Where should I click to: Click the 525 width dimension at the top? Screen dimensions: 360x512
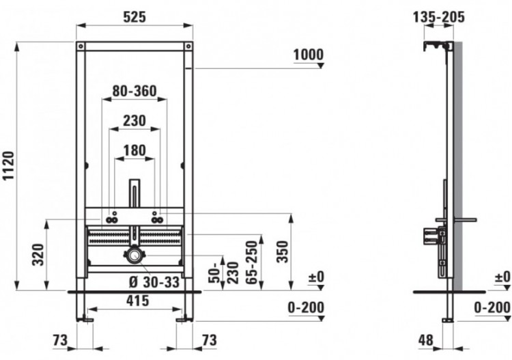pyautogui.click(x=134, y=18)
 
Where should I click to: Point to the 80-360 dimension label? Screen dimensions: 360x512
pyautogui.click(x=134, y=90)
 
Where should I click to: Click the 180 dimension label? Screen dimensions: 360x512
pyautogui.click(x=134, y=150)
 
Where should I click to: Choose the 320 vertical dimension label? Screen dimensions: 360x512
pyautogui.click(x=38, y=256)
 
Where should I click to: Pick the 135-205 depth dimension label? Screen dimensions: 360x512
pyautogui.click(x=439, y=16)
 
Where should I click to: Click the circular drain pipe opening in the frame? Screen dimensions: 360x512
pyautogui.click(x=134, y=256)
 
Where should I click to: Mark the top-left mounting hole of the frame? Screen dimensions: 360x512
pyautogui.click(x=81, y=46)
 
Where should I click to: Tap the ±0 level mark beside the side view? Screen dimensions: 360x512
pyautogui.click(x=502, y=277)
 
